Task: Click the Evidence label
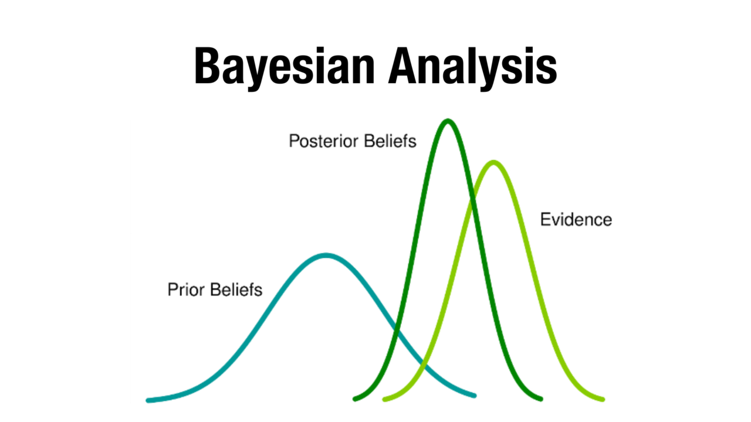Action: click(576, 220)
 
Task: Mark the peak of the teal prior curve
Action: click(326, 255)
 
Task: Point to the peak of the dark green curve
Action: click(448, 121)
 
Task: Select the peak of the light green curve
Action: click(493, 162)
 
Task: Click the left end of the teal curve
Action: click(148, 400)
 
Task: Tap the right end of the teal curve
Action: click(474, 396)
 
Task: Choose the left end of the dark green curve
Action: click(355, 399)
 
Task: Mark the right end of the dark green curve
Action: click(540, 399)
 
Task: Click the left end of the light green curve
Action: click(385, 400)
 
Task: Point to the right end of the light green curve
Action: click(603, 400)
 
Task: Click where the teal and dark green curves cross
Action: click(395, 336)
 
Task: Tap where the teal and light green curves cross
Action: click(422, 367)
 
